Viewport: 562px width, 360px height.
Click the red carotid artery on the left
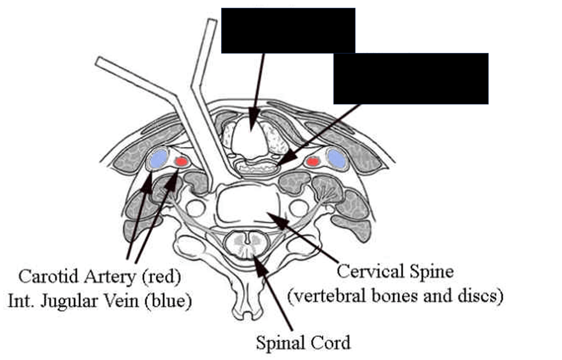coord(181,162)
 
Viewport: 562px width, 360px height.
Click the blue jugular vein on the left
coord(158,158)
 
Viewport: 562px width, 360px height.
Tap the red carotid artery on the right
coord(313,162)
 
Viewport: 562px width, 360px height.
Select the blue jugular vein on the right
coord(337,159)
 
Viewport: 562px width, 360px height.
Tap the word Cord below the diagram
coord(331,344)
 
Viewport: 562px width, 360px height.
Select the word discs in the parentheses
coord(484,296)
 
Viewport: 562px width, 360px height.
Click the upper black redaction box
coord(288,31)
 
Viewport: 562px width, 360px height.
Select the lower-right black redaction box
coord(411,78)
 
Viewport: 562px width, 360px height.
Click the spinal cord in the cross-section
coord(248,245)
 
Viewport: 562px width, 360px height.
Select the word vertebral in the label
coord(334,296)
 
